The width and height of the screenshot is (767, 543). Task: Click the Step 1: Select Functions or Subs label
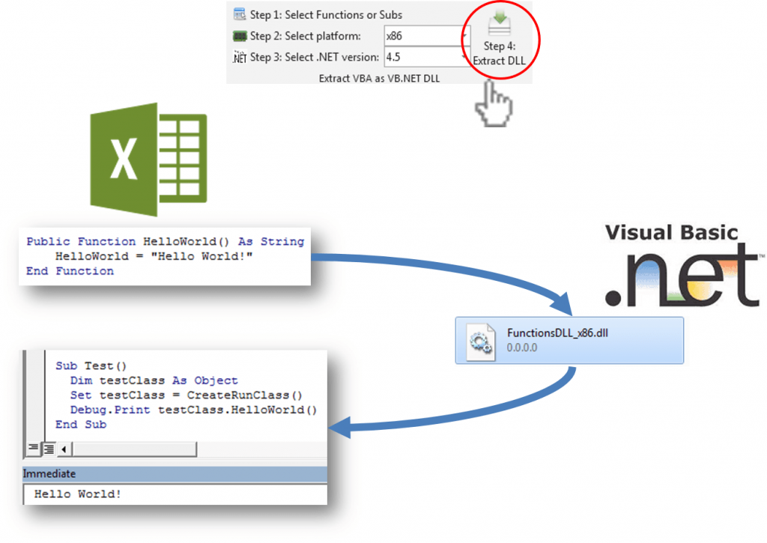point(326,14)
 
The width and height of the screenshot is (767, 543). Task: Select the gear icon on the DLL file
point(479,341)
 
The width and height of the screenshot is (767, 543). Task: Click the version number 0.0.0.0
point(522,348)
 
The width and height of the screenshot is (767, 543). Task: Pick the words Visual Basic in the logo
point(671,233)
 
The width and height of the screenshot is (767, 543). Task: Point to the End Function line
point(70,271)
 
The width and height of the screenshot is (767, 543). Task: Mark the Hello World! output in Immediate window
point(77,494)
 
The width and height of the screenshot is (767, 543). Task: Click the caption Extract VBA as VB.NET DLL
point(379,78)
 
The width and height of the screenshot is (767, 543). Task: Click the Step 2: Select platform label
point(305,36)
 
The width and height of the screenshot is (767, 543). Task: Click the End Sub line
point(81,424)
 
